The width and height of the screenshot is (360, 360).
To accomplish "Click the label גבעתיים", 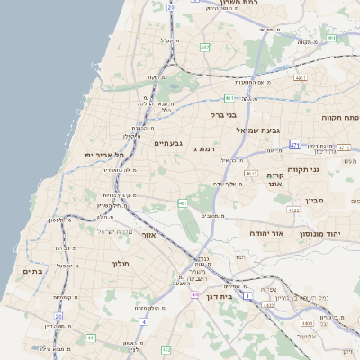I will pos(168,143).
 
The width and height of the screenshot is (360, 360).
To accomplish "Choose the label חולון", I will pos(121,263).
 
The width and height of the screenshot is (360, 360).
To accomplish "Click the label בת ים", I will pos(33,270).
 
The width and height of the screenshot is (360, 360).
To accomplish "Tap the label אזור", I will pos(149,235).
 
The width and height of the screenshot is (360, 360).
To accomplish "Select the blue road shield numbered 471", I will pos(295,144).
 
